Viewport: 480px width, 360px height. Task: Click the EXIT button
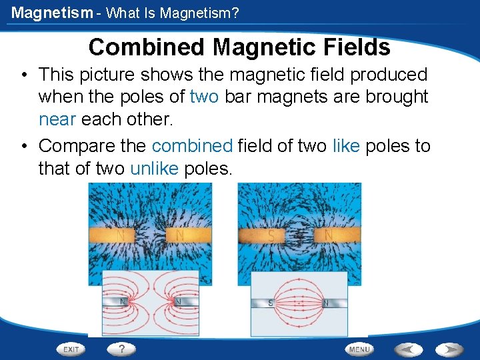tap(71, 349)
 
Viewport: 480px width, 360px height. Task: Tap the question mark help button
tap(122, 348)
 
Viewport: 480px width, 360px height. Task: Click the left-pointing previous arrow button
tap(408, 349)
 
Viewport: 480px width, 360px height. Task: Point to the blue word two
tap(204, 97)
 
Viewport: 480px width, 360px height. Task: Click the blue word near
tap(57, 119)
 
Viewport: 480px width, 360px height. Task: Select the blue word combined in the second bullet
tap(192, 146)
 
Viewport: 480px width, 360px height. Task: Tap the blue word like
tap(346, 146)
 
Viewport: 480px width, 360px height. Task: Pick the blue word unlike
tap(154, 168)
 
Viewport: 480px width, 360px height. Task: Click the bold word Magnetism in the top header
tap(52, 12)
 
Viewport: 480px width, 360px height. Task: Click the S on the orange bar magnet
tap(271, 236)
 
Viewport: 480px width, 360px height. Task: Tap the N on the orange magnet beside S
tap(327, 236)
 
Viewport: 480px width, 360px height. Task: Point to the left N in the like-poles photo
tap(121, 236)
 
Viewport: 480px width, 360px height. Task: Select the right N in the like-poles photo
tap(179, 236)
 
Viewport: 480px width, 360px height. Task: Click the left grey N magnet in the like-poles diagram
tap(121, 301)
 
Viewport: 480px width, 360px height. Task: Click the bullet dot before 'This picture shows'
tap(23, 75)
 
